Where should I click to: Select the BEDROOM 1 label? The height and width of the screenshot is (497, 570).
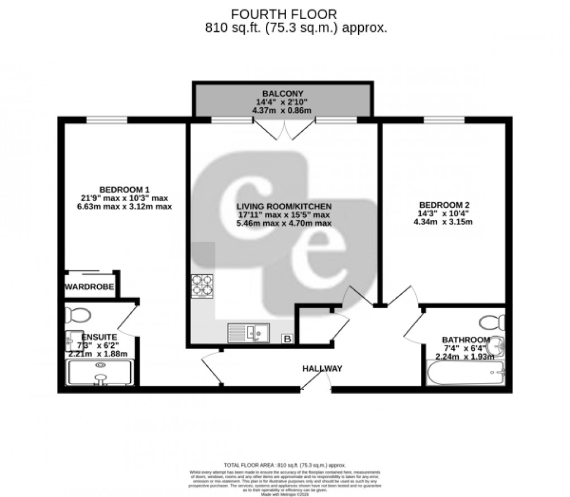pyautogui.click(x=125, y=189)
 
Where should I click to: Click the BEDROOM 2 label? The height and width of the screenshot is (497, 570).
pyautogui.click(x=441, y=205)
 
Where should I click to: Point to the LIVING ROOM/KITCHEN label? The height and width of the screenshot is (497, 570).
pyautogui.click(x=284, y=206)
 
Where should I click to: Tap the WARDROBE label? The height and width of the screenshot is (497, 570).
pyautogui.click(x=89, y=288)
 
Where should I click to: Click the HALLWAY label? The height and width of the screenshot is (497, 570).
pyautogui.click(x=322, y=369)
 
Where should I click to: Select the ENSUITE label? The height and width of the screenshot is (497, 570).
pyautogui.click(x=99, y=337)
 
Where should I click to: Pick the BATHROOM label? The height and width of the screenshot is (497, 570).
pyautogui.click(x=466, y=340)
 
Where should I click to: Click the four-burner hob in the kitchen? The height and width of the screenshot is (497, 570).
pyautogui.click(x=202, y=286)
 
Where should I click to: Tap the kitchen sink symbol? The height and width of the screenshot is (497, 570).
pyautogui.click(x=249, y=333)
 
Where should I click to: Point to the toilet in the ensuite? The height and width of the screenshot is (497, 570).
pyautogui.click(x=77, y=315)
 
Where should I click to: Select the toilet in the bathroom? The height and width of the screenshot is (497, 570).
pyautogui.click(x=492, y=322)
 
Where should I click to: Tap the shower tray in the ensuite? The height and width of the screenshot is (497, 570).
pyautogui.click(x=99, y=372)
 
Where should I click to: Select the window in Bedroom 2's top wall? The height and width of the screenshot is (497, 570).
pyautogui.click(x=444, y=120)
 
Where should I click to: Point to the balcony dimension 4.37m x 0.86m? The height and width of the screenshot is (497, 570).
pyautogui.click(x=282, y=111)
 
